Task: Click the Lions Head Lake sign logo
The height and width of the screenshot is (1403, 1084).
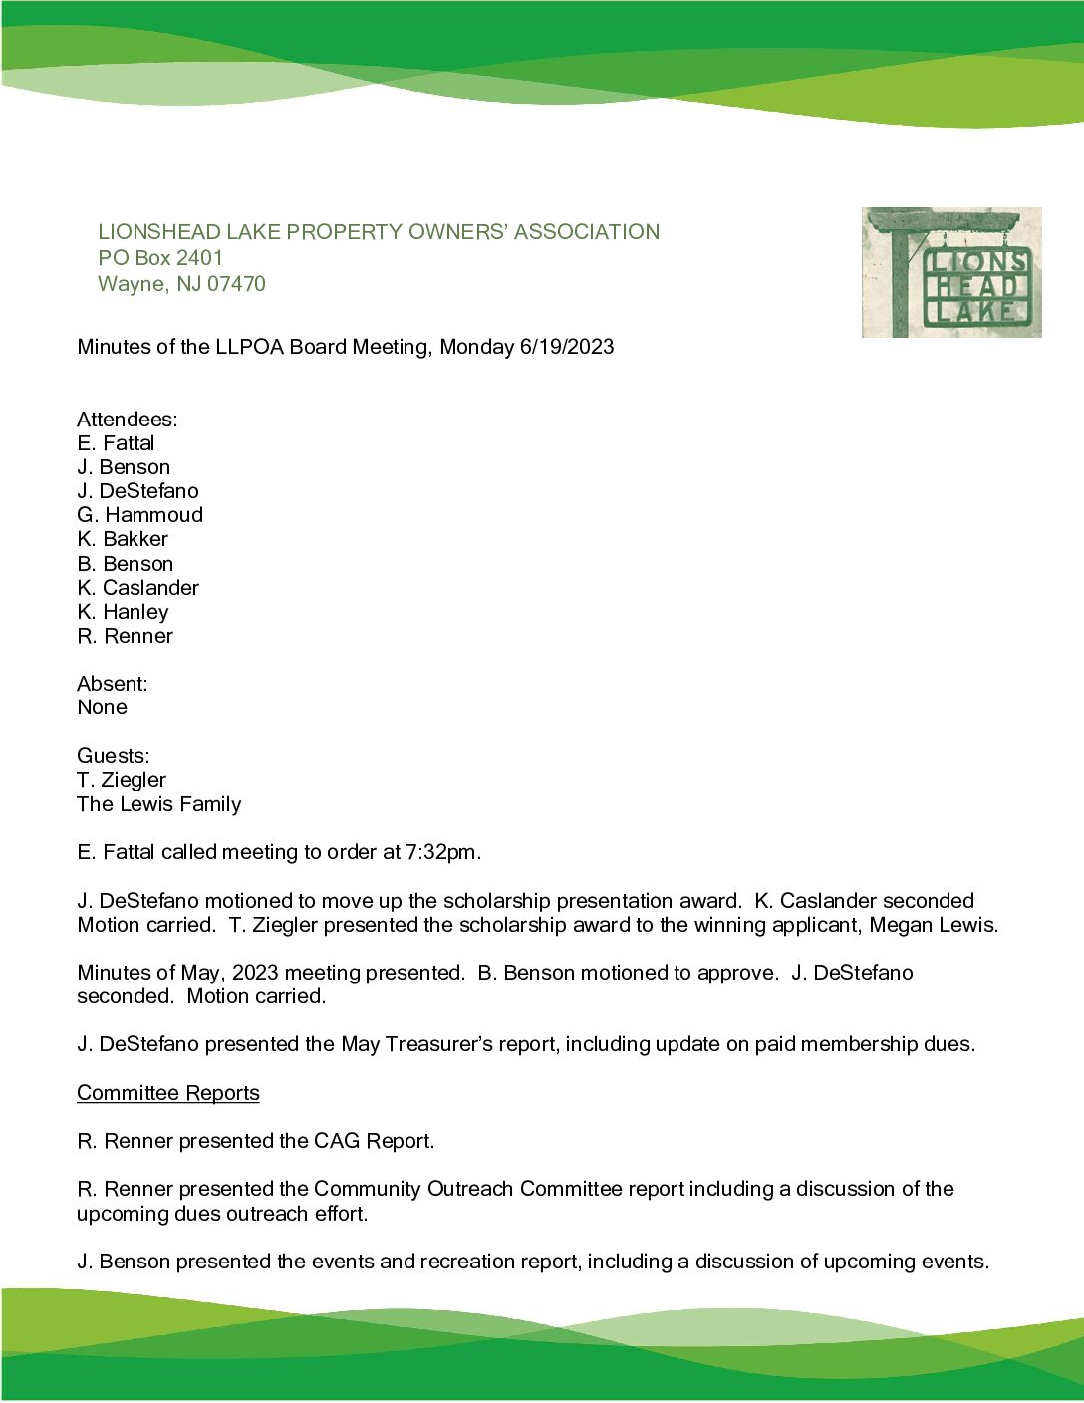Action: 951,272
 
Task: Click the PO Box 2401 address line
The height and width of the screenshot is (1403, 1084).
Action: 160,258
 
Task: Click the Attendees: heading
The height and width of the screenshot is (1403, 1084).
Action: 127,420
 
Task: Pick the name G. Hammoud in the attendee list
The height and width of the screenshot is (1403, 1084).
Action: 139,515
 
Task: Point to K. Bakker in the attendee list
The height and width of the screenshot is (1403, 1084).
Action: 123,539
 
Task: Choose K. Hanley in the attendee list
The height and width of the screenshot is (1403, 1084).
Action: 123,612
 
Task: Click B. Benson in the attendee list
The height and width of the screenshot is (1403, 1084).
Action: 125,564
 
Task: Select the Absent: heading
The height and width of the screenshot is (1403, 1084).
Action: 112,684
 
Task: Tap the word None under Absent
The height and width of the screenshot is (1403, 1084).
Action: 102,707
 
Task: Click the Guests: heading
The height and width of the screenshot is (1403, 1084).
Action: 113,756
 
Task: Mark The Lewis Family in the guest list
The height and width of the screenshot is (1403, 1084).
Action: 158,804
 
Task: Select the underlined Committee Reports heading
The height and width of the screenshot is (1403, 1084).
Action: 167,1093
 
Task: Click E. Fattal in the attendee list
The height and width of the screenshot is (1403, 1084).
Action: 116,443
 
